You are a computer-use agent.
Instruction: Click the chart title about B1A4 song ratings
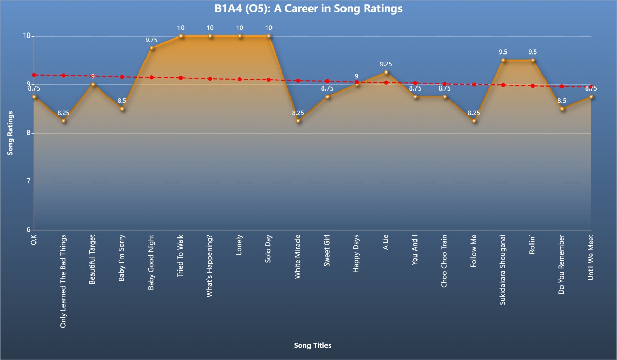(x=308, y=9)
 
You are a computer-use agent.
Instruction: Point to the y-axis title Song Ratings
(x=10, y=133)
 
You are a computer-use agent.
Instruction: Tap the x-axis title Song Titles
(x=313, y=345)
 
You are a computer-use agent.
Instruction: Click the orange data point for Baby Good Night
(x=152, y=48)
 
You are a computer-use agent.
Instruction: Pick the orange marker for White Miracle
(x=298, y=121)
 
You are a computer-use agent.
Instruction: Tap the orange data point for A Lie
(x=386, y=73)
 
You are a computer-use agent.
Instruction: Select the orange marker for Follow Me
(x=475, y=121)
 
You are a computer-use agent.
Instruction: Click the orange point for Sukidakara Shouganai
(x=504, y=60)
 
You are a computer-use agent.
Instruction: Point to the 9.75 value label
(x=152, y=39)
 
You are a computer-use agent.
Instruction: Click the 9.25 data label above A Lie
(x=386, y=64)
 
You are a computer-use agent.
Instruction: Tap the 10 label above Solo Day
(x=269, y=27)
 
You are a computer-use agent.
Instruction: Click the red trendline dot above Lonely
(x=240, y=79)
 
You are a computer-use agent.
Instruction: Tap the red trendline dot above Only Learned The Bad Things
(x=63, y=76)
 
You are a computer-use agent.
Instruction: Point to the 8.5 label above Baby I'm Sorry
(x=122, y=100)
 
